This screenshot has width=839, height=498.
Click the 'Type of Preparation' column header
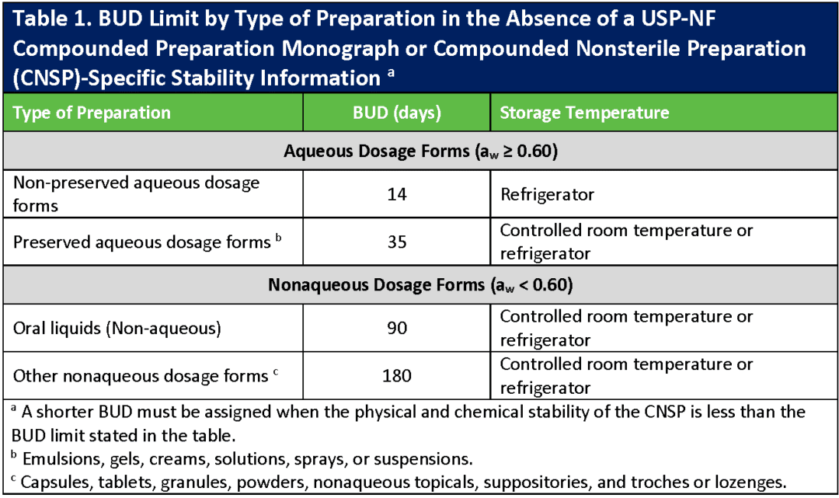[92, 113]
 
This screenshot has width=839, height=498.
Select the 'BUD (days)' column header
[396, 113]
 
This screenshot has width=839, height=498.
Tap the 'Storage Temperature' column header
[584, 113]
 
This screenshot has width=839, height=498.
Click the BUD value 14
[396, 193]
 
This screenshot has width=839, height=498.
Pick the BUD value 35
[396, 242]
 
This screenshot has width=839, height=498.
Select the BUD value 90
[396, 328]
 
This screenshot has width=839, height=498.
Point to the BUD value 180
[396, 376]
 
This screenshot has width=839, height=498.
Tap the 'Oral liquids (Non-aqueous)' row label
[117, 328]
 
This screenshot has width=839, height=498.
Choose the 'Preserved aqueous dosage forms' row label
[141, 242]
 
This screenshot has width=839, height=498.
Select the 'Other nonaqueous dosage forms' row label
[141, 376]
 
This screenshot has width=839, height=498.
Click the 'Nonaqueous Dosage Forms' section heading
[419, 285]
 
